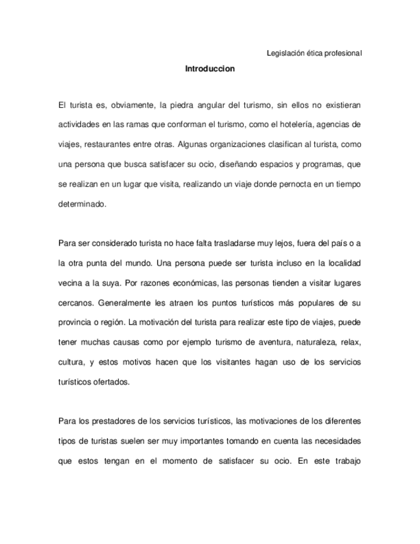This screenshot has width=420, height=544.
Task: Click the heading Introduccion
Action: (210, 69)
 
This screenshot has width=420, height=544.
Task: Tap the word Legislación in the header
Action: (285, 53)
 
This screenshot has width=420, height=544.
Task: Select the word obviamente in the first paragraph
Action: (130, 103)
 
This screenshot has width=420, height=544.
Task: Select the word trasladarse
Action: (222, 242)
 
